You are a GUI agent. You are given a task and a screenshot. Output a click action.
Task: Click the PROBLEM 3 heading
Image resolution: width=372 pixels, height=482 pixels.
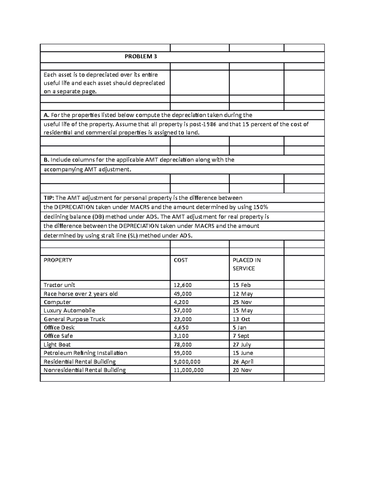[x=140, y=56]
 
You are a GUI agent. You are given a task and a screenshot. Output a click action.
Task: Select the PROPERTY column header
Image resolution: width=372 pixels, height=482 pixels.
[x=58, y=260]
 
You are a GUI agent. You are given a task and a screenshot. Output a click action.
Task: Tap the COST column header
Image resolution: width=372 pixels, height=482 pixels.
[x=181, y=260]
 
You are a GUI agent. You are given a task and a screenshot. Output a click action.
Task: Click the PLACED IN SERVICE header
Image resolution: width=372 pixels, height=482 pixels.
[x=247, y=264]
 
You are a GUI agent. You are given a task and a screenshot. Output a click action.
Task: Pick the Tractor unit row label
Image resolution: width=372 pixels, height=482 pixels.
[x=59, y=285]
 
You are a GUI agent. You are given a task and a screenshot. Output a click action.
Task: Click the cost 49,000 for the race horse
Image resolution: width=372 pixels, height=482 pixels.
[x=183, y=294]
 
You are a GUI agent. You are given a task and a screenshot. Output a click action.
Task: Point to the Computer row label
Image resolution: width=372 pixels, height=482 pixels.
[x=57, y=302]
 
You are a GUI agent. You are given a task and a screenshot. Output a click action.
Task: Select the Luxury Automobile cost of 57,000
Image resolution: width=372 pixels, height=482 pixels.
[x=183, y=310]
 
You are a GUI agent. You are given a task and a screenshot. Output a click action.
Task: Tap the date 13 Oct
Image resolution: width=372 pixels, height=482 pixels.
[x=241, y=319]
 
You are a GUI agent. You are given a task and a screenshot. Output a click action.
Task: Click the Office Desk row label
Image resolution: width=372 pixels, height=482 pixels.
[x=59, y=327]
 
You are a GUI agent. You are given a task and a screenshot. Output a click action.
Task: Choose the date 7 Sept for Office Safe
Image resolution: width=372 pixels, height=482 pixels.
[x=241, y=336]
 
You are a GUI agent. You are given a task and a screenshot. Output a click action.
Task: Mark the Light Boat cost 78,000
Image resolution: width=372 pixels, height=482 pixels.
[x=183, y=345]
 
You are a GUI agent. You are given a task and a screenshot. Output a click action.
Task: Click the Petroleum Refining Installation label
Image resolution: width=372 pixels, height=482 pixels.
[x=85, y=353]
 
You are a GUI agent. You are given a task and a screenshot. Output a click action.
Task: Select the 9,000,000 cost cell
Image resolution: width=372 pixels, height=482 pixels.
[x=187, y=362]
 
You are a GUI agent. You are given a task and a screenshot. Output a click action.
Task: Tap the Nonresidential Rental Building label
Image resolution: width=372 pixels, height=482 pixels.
[x=85, y=370]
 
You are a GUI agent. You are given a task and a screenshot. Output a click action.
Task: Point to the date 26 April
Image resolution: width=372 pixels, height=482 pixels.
[x=243, y=362]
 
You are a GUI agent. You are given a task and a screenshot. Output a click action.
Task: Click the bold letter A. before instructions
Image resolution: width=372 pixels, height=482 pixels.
[x=46, y=115]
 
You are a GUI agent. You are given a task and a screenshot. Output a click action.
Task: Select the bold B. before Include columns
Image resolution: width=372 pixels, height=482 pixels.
[x=46, y=160]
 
